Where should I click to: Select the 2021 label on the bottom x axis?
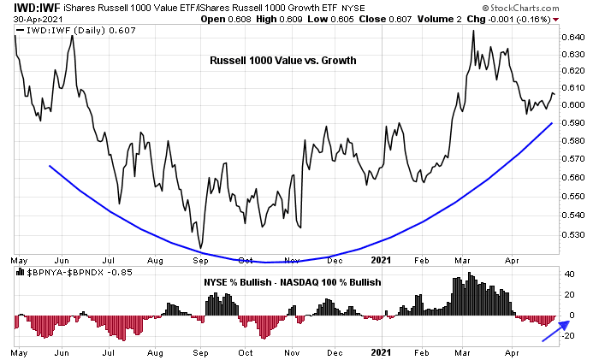[x=382, y=352]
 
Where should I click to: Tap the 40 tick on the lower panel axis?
[x=568, y=274]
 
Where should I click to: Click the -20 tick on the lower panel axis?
[x=566, y=335]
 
